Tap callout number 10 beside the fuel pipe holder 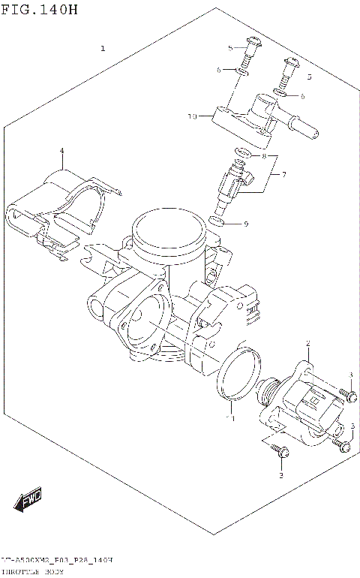click(x=192, y=116)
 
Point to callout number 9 click(x=245, y=224)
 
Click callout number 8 click(x=263, y=156)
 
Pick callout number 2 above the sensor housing click(x=307, y=344)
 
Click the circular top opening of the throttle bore click(x=167, y=226)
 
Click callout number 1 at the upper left click(x=103, y=49)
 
